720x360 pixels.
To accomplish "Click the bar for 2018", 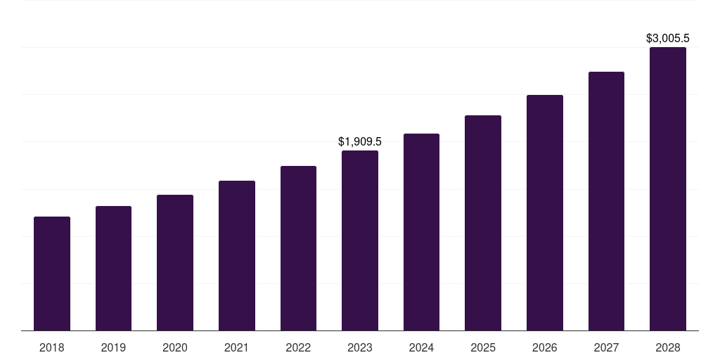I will [52, 274].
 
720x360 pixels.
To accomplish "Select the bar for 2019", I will [113, 268].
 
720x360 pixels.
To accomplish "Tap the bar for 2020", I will [175, 262].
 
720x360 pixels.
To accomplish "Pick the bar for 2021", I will [237, 255].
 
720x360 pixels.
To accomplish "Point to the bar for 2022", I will [298, 248].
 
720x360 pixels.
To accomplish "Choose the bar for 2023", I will [360, 240].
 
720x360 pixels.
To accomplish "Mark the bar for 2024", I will [421, 232].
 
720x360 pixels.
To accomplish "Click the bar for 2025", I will [483, 223].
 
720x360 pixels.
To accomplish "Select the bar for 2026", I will [545, 212].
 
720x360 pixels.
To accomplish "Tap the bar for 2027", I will [606, 201].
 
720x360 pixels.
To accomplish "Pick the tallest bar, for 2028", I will [668, 188].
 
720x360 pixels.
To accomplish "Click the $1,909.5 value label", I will [360, 142].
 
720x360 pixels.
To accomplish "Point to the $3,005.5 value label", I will [668, 39].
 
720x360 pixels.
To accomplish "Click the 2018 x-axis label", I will [52, 347].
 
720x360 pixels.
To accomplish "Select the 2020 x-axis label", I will [175, 347].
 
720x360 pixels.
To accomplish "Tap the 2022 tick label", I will [298, 347].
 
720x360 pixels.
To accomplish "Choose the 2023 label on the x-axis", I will [360, 347].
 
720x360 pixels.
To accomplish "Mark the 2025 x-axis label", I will [483, 347].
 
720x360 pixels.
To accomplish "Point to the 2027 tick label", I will [606, 347].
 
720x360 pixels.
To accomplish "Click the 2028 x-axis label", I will [668, 347].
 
